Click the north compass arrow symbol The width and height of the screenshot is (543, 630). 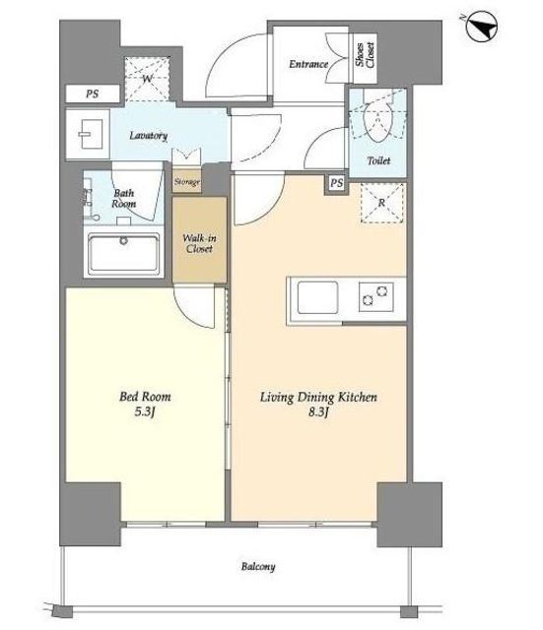482,27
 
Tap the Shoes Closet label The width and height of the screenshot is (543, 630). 366,55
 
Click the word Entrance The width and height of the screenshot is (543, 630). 308,64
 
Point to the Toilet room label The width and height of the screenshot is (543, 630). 378,160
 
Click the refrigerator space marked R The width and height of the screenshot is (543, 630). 381,203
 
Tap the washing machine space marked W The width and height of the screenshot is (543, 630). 147,79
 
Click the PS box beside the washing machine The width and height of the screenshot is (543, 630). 93,94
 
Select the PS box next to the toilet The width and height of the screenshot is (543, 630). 336,184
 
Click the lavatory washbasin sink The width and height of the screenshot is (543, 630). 91,134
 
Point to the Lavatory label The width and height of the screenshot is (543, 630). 148,136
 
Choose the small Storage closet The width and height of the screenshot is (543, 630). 186,182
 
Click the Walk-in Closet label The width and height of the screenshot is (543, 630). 199,243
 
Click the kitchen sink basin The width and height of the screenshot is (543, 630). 317,297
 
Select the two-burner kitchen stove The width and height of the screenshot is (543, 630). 376,296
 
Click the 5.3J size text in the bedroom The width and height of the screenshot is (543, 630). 145,411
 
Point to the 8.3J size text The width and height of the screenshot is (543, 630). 318,412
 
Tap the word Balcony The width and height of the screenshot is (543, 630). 258,567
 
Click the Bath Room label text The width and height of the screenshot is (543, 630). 123,199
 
